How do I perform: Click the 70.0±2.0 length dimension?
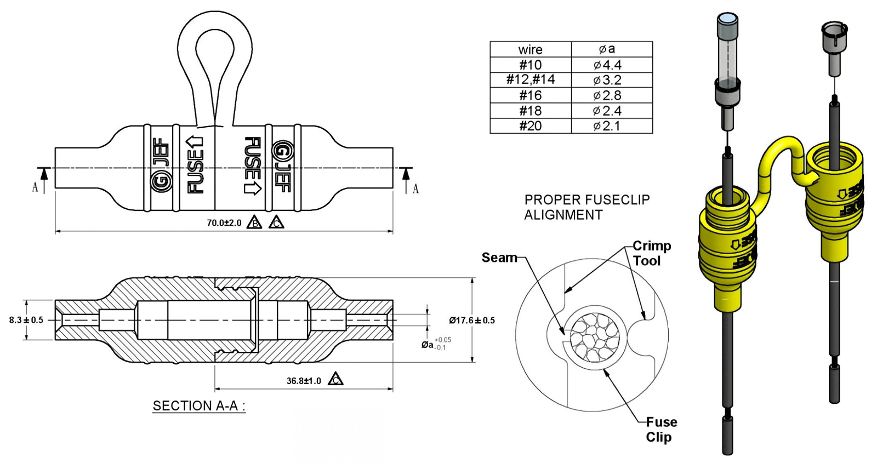(224, 223)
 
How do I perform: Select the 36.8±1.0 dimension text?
(304, 381)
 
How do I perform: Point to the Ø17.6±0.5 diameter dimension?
(471, 321)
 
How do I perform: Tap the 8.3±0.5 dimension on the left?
(26, 320)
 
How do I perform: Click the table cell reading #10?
(530, 65)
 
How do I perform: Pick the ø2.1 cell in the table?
(607, 126)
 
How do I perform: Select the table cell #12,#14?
(530, 80)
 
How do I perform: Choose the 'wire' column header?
(530, 49)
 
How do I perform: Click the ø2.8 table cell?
(607, 95)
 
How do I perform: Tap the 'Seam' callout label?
(499, 258)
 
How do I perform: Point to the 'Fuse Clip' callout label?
(660, 430)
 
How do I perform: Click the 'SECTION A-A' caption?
(198, 406)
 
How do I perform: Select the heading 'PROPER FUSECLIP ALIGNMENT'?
(586, 207)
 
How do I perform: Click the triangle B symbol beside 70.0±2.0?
(254, 223)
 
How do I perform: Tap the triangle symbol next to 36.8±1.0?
(335, 379)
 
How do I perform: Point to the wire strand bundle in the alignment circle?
(594, 338)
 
